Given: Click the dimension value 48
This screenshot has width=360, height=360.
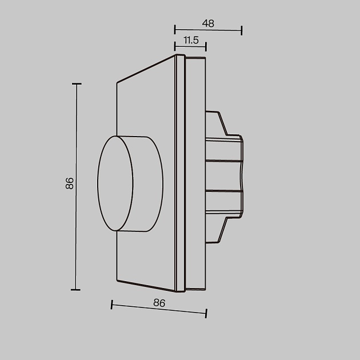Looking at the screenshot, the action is click(x=208, y=23).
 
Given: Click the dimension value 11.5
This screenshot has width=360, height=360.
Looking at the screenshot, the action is click(x=191, y=40).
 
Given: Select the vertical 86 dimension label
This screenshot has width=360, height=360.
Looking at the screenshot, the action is click(x=70, y=183).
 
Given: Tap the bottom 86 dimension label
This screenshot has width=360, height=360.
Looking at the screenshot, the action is click(x=159, y=303).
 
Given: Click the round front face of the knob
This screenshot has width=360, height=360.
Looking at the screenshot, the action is click(x=115, y=183).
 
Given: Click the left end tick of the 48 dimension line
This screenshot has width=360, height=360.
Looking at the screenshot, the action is click(x=175, y=30).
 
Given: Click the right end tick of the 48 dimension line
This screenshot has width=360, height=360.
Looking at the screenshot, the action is click(x=242, y=30).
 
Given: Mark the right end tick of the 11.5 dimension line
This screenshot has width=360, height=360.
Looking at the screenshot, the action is click(x=206, y=47).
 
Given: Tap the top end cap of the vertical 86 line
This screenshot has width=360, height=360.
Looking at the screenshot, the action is click(x=77, y=84).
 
